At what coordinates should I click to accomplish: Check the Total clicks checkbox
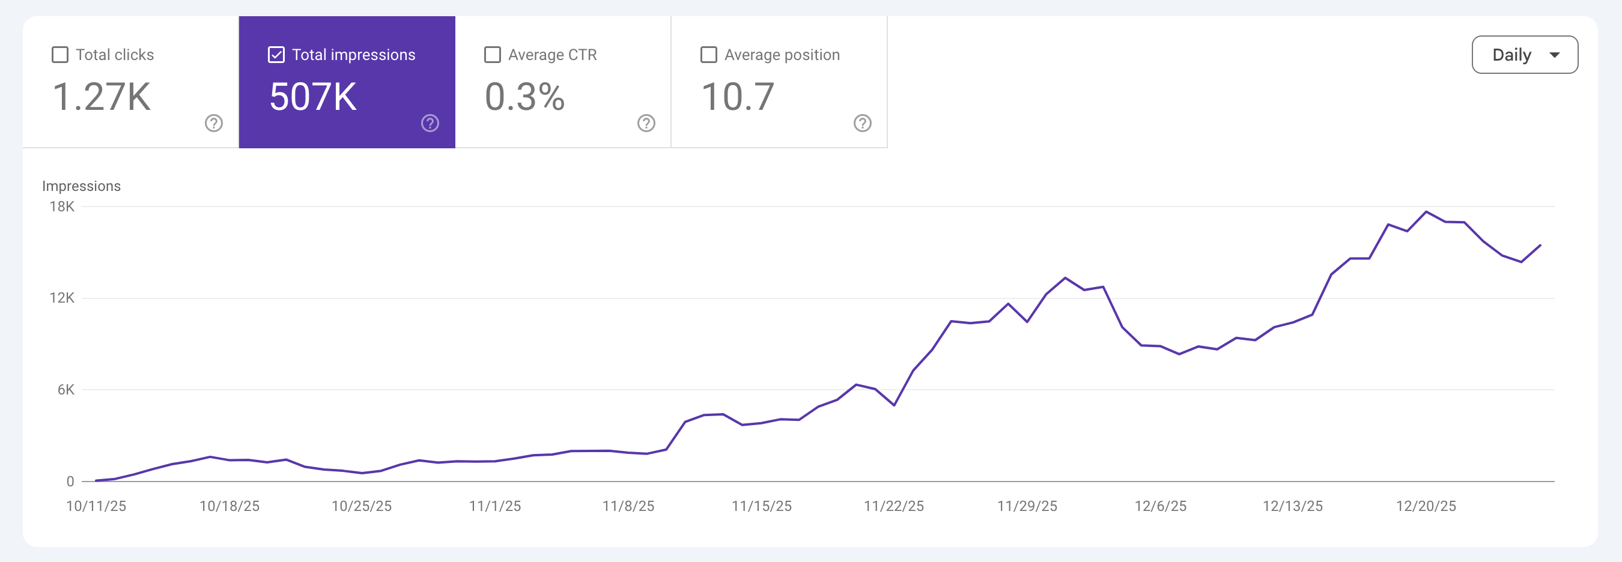[x=60, y=55]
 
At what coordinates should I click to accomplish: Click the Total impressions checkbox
[x=276, y=55]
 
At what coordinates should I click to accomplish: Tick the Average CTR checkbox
[x=493, y=55]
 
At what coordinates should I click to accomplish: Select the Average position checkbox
[x=708, y=55]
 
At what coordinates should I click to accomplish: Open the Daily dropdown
[x=1525, y=55]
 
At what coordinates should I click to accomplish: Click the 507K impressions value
[x=313, y=97]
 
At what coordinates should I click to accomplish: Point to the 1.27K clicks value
[x=102, y=97]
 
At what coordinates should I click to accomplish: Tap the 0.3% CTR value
[x=524, y=97]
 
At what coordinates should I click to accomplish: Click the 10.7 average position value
[x=737, y=97]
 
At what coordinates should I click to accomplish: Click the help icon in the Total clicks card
[x=214, y=122]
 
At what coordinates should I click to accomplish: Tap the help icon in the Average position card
[x=862, y=122]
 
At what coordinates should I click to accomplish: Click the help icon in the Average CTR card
[x=646, y=122]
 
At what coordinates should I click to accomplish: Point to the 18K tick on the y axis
[x=62, y=207]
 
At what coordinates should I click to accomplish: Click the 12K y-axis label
[x=62, y=298]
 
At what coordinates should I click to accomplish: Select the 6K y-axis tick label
[x=65, y=390]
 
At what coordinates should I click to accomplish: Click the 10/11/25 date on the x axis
[x=96, y=506]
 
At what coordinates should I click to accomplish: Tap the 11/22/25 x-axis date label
[x=893, y=506]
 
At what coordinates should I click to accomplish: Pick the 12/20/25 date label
[x=1426, y=506]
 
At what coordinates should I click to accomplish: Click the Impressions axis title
[x=81, y=186]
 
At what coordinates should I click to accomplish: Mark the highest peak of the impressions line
[x=1426, y=212]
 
